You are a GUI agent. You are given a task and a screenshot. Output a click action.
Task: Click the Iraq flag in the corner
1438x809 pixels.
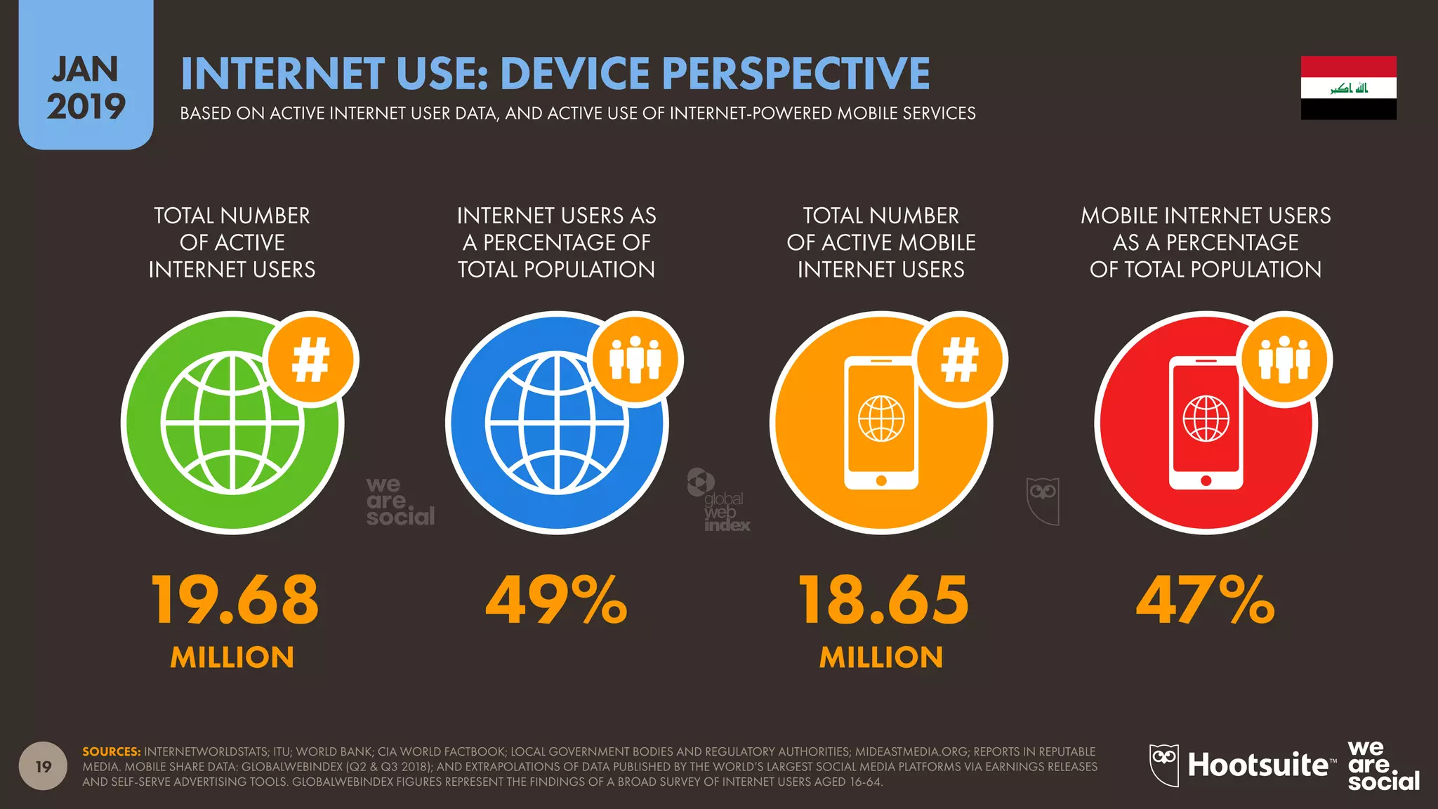(x=1348, y=88)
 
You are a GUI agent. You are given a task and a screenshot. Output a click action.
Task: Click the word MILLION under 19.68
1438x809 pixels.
(x=232, y=657)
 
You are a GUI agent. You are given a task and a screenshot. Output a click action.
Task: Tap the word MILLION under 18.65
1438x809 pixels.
(x=881, y=657)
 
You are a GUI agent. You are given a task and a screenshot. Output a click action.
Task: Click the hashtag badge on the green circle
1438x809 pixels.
(x=311, y=360)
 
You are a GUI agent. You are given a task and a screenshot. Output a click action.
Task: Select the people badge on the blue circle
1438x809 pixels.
(x=635, y=360)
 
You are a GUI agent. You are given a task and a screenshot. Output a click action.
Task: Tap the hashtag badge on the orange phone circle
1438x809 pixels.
(x=960, y=360)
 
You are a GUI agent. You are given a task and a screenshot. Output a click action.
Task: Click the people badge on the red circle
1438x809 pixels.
(x=1284, y=360)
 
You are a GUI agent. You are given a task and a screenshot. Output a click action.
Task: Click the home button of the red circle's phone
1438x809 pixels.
(x=1206, y=481)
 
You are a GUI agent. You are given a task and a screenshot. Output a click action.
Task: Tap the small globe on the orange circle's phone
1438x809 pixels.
(x=881, y=419)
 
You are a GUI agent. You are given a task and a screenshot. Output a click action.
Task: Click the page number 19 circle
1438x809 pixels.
(x=44, y=766)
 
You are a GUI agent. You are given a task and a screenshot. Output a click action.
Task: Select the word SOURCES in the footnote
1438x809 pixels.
(x=111, y=751)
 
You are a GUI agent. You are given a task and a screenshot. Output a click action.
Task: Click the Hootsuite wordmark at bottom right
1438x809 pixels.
(x=1258, y=765)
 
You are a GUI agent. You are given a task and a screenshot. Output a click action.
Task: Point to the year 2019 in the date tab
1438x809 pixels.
(x=86, y=107)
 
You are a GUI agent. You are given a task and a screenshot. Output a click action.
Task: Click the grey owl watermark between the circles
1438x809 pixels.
(x=1043, y=500)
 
